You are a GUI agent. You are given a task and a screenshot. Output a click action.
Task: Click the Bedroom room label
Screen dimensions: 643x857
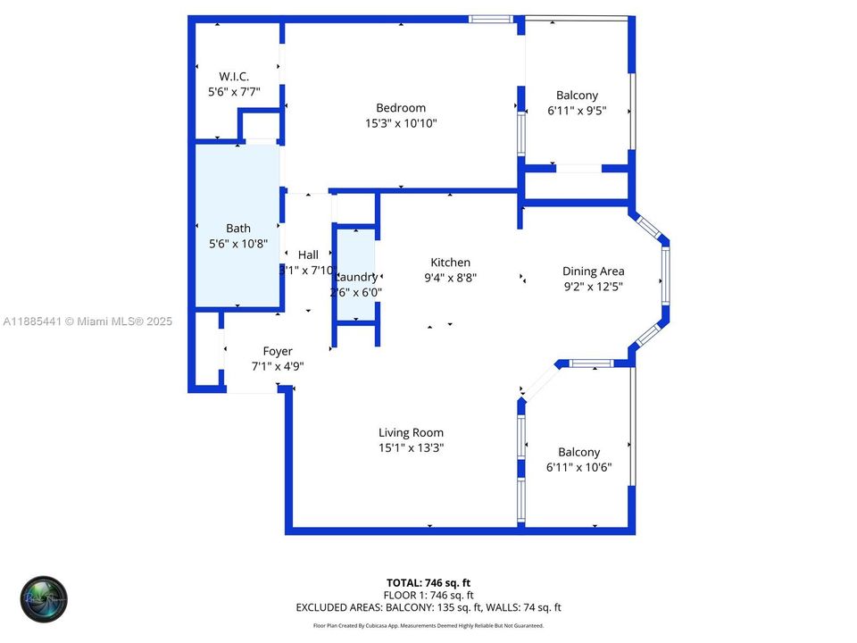point(401,108)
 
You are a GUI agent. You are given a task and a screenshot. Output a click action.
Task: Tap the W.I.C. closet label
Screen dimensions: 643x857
point(234,76)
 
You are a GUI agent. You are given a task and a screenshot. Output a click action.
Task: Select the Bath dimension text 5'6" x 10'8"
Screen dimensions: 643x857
point(238,244)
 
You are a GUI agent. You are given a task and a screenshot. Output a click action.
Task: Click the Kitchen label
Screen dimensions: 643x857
point(450,262)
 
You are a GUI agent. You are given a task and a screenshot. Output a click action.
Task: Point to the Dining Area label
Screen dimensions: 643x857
point(593,271)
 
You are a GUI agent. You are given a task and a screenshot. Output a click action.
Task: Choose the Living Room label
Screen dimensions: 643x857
point(411,432)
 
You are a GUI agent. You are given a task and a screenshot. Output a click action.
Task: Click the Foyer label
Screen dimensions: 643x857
point(277,351)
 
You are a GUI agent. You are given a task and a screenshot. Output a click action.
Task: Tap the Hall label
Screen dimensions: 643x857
point(308,255)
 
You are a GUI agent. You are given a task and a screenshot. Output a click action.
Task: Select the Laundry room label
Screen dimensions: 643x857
point(356,277)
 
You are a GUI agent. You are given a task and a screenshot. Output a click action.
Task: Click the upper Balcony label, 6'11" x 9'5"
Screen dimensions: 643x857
point(577,96)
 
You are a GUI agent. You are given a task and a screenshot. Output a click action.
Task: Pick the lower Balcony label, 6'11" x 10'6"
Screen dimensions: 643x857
point(578,452)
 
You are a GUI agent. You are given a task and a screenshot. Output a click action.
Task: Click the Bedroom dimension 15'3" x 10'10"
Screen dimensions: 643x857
point(401,124)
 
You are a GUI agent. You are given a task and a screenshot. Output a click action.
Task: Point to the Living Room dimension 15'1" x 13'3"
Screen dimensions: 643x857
point(411,447)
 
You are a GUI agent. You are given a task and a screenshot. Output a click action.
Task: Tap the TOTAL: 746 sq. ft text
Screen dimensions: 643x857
point(428,581)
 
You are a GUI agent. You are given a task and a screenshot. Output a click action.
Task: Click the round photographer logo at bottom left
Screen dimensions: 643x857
point(44,598)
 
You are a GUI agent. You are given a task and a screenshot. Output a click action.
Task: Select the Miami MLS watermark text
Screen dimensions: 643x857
point(87,321)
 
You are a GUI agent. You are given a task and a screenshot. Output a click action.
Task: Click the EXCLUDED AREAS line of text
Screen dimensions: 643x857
point(428,607)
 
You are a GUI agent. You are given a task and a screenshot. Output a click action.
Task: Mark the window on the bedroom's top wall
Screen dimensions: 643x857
point(491,19)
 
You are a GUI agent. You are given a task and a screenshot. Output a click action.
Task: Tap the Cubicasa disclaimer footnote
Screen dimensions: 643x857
point(428,626)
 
